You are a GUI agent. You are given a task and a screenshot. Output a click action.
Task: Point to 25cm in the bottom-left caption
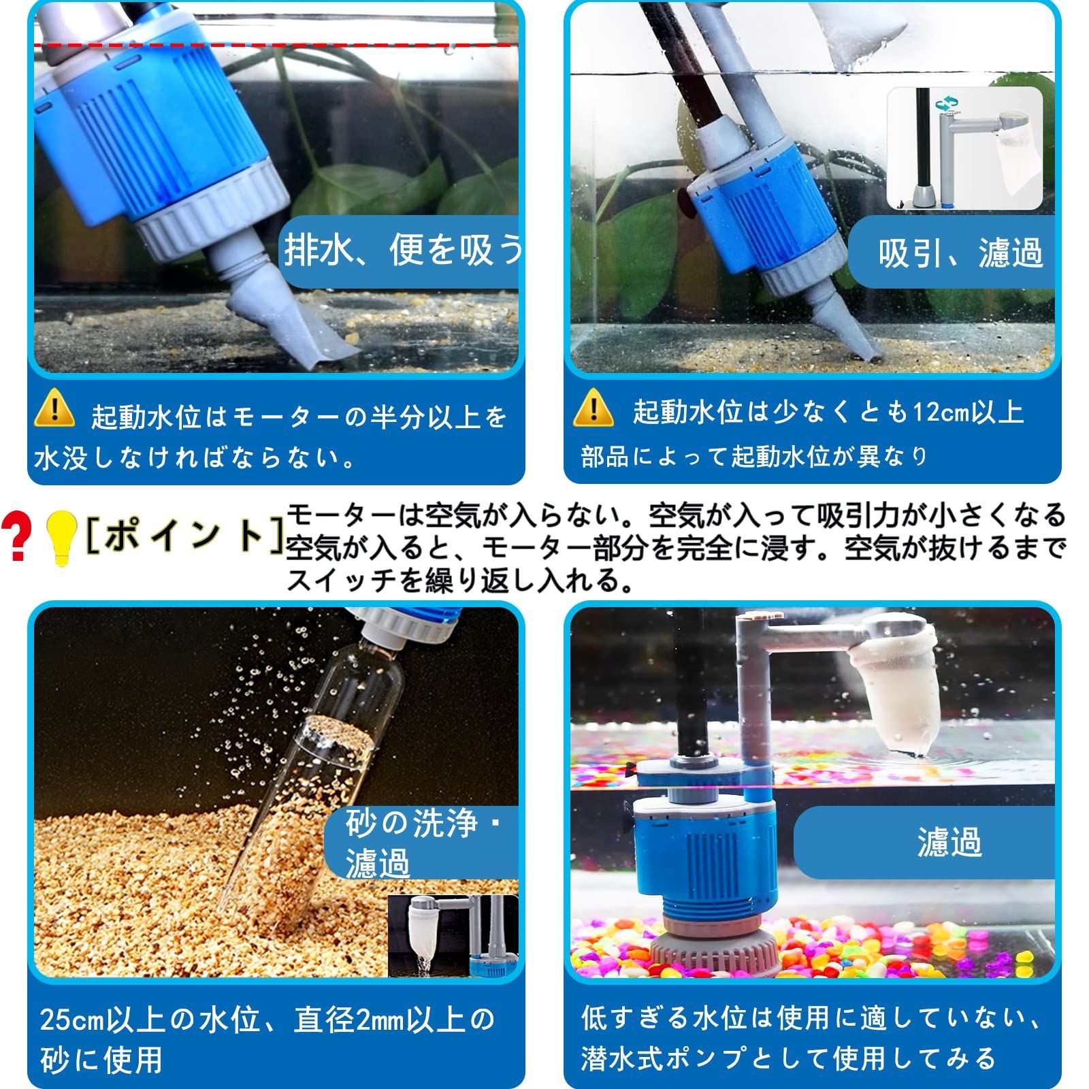coord(68,1019)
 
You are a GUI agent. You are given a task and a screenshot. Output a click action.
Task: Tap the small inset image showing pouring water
coord(453,936)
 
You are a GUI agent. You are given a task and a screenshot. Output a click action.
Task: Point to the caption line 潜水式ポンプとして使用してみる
coord(787,1058)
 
